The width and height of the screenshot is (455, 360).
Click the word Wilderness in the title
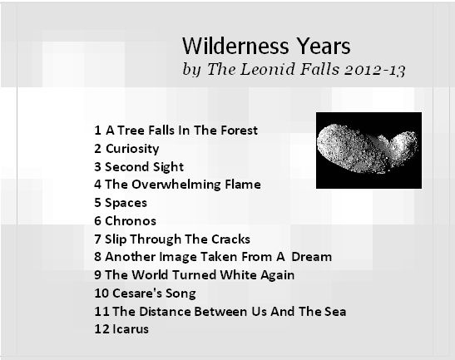coord(235,46)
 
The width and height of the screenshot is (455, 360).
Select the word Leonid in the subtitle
coord(267,69)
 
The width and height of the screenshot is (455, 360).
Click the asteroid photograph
coord(368,150)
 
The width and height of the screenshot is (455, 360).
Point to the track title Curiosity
coord(132,149)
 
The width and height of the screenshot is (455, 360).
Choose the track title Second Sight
coord(144,167)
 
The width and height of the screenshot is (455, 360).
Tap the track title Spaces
coord(126,203)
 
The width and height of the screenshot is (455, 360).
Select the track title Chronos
coord(131,221)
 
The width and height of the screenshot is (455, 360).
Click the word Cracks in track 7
coord(230,239)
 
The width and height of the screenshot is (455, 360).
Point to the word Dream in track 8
coord(311,257)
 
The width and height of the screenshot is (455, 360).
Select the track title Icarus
coord(131,329)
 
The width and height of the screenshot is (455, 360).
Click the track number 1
coord(97,131)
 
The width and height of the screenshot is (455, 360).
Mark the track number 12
coord(101,329)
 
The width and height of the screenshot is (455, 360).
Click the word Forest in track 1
coord(239,131)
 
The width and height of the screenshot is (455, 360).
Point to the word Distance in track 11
coord(165,312)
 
